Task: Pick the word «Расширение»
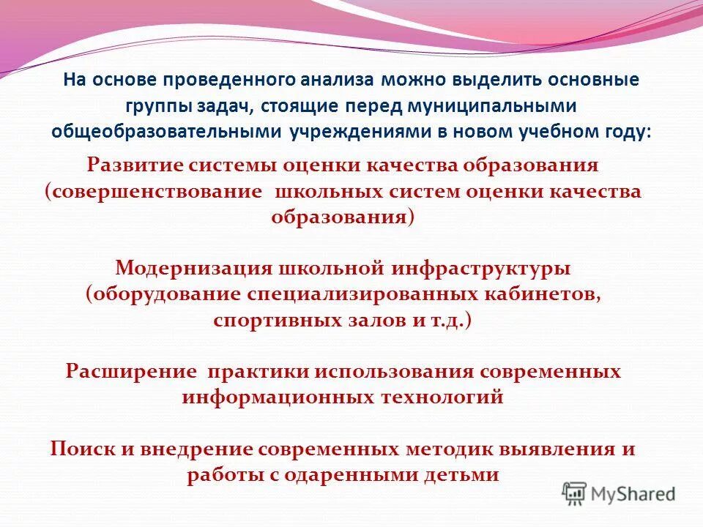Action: [131, 371]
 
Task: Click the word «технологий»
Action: [441, 397]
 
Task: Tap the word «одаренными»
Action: [348, 475]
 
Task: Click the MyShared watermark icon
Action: [574, 493]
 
